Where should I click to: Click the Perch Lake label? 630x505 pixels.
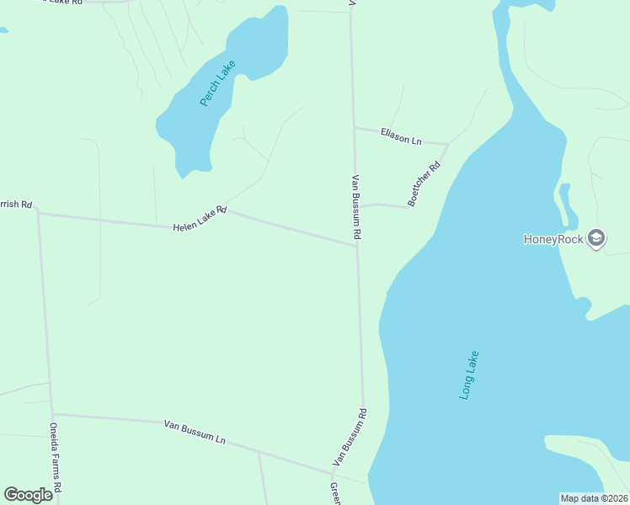coord(217,83)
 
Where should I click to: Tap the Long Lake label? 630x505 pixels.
coord(470,375)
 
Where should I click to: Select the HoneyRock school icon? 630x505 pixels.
coord(597,238)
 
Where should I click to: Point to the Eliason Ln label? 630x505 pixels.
coord(401,136)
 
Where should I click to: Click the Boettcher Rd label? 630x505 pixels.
coord(424,184)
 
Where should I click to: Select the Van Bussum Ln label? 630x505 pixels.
coord(195,432)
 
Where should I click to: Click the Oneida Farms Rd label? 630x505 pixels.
coord(56,457)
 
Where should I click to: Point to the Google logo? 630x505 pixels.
coord(28,495)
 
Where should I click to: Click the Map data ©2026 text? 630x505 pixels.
coord(595,498)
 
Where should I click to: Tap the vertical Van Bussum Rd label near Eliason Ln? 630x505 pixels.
coord(356,207)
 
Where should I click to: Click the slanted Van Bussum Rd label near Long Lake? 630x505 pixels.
coord(350,437)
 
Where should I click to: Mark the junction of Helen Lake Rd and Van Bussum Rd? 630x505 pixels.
coord(356,246)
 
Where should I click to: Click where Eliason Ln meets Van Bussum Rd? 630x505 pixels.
coord(354,129)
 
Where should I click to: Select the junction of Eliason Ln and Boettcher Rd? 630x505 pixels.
coord(447,144)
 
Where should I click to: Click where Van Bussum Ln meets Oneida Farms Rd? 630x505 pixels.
coord(52,413)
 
